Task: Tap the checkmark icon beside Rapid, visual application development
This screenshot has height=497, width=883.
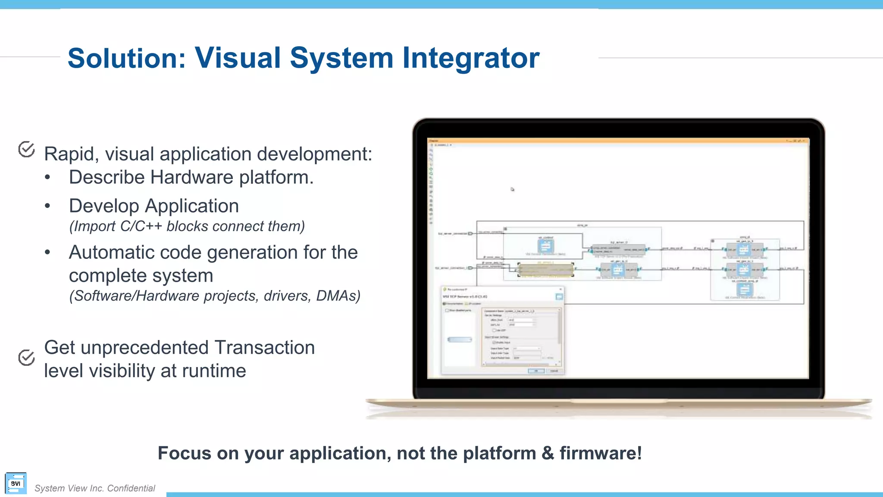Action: point(27,149)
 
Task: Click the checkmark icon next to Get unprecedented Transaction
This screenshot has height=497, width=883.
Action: point(27,357)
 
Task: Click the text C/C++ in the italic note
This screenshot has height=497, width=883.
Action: point(141,226)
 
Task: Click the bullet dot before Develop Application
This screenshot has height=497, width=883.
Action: point(48,206)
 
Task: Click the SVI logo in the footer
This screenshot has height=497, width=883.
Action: point(16,483)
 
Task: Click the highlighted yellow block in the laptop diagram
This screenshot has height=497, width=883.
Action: point(545,270)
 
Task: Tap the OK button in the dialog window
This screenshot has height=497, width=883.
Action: point(536,371)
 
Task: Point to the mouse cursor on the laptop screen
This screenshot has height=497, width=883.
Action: point(512,189)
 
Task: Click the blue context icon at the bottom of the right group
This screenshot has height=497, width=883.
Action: point(745,289)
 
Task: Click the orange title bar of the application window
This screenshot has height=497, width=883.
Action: point(604,141)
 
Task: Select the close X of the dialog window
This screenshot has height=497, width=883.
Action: point(560,289)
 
